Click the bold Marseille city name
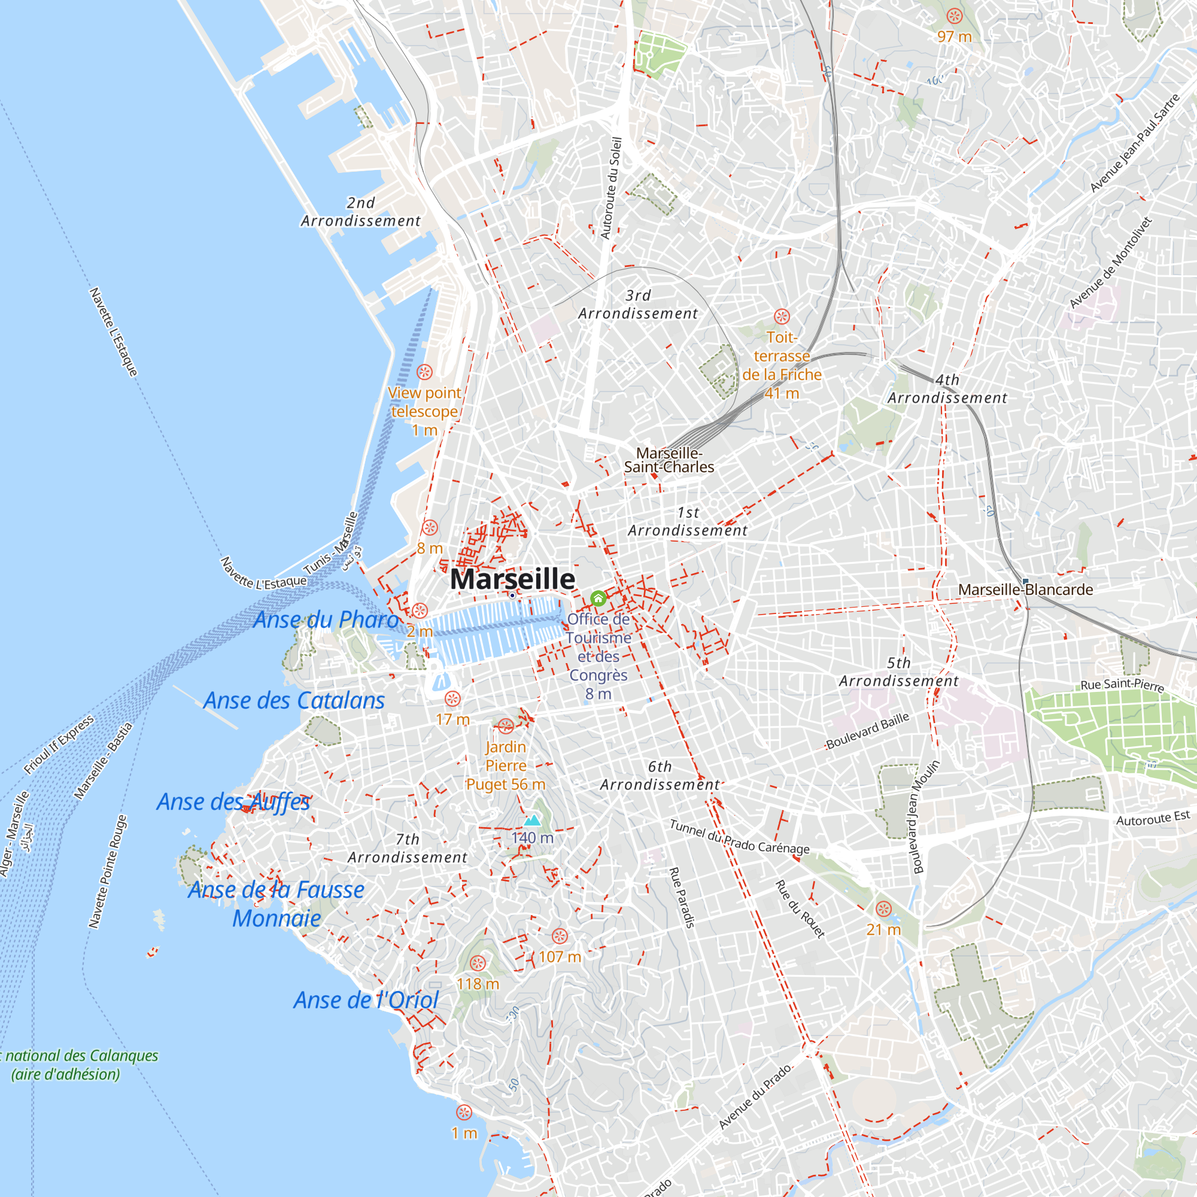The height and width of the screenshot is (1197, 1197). point(512,579)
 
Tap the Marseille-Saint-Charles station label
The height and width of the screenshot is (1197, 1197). point(669,460)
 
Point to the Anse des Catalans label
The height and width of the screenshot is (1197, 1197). point(294,701)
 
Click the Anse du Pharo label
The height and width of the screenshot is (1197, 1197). point(326,619)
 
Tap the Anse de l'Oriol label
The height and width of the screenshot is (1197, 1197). point(366,1000)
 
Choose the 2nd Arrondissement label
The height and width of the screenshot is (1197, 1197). point(360,212)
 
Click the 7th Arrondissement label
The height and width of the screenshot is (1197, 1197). point(407,848)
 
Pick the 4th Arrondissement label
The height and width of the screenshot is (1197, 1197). point(947,388)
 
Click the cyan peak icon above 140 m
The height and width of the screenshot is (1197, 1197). point(532,821)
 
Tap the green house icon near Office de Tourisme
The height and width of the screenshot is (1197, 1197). point(598,598)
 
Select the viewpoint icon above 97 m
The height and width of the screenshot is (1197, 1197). point(954,16)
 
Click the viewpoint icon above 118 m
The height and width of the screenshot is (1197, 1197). point(477,963)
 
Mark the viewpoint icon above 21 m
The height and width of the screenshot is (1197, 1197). point(883,909)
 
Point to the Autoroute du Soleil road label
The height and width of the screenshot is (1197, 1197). point(611,188)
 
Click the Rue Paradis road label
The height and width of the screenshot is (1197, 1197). point(682,897)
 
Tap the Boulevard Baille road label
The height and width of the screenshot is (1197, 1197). point(867,730)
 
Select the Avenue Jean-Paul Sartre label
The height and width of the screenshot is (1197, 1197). point(1134,143)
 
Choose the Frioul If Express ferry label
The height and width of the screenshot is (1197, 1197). point(59,745)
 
